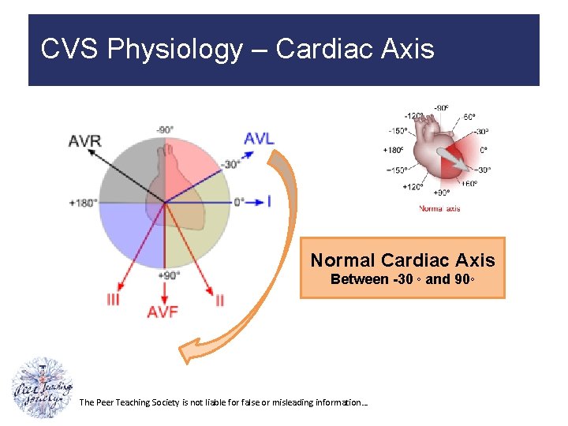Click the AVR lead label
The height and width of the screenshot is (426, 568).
point(85,141)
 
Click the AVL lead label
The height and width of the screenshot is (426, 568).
point(260,138)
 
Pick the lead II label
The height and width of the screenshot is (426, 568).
point(219,300)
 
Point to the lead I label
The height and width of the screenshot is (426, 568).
point(269,202)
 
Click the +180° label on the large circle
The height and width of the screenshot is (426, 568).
point(83,203)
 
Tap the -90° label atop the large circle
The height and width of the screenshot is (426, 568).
point(164,129)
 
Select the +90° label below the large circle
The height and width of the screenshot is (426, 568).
point(168,275)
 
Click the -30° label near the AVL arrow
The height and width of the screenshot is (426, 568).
point(230,165)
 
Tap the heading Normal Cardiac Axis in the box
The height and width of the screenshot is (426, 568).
point(402,260)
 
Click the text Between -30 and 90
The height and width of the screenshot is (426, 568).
point(402,279)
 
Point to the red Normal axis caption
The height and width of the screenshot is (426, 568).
point(439,208)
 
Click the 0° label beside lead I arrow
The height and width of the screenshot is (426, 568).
point(238,203)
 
